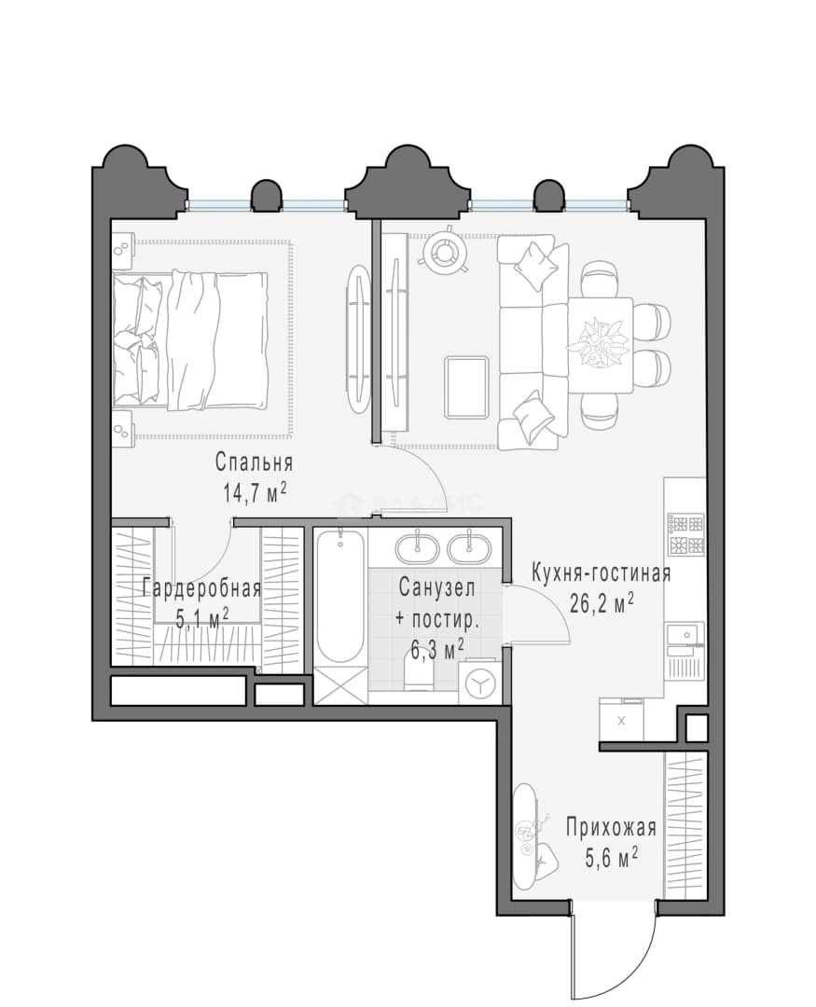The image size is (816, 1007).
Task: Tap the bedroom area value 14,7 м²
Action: tap(254, 493)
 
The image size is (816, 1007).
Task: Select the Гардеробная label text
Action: tap(201, 589)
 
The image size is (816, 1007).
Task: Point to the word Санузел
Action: tap(437, 587)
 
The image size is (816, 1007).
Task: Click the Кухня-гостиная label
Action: tap(601, 572)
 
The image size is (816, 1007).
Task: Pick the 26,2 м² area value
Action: tap(602, 603)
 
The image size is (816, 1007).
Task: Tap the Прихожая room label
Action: tap(611, 828)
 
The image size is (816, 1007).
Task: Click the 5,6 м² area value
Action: tap(611, 858)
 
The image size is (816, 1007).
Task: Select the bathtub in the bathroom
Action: tap(340, 596)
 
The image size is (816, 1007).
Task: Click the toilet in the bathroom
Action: tap(419, 674)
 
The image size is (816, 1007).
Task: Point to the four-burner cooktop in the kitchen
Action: tap(685, 534)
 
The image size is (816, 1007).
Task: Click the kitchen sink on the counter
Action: tap(684, 634)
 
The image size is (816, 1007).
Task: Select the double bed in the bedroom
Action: tap(190, 339)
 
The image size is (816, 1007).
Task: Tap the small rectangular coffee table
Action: tap(466, 387)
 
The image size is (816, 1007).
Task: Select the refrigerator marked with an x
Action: tap(621, 721)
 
